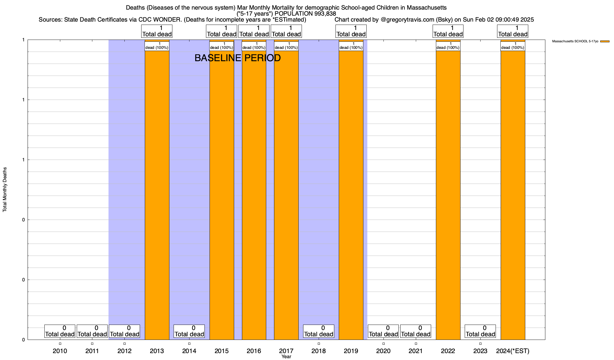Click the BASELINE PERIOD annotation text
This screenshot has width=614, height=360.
[x=237, y=58]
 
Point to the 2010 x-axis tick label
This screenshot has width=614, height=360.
[x=60, y=351]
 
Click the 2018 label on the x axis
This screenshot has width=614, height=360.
[x=318, y=351]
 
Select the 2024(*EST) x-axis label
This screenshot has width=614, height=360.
[x=513, y=351]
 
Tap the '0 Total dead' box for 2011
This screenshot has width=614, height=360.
[x=92, y=331]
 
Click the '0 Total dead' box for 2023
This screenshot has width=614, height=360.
[x=480, y=331]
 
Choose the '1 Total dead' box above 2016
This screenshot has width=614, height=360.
[x=254, y=31]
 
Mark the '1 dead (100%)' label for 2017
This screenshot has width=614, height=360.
[x=286, y=46]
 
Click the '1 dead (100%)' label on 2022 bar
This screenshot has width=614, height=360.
[x=448, y=46]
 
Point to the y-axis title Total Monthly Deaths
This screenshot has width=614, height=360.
[x=5, y=190]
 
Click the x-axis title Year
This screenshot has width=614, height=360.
[x=286, y=357]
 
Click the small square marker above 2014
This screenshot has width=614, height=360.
[x=189, y=343]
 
